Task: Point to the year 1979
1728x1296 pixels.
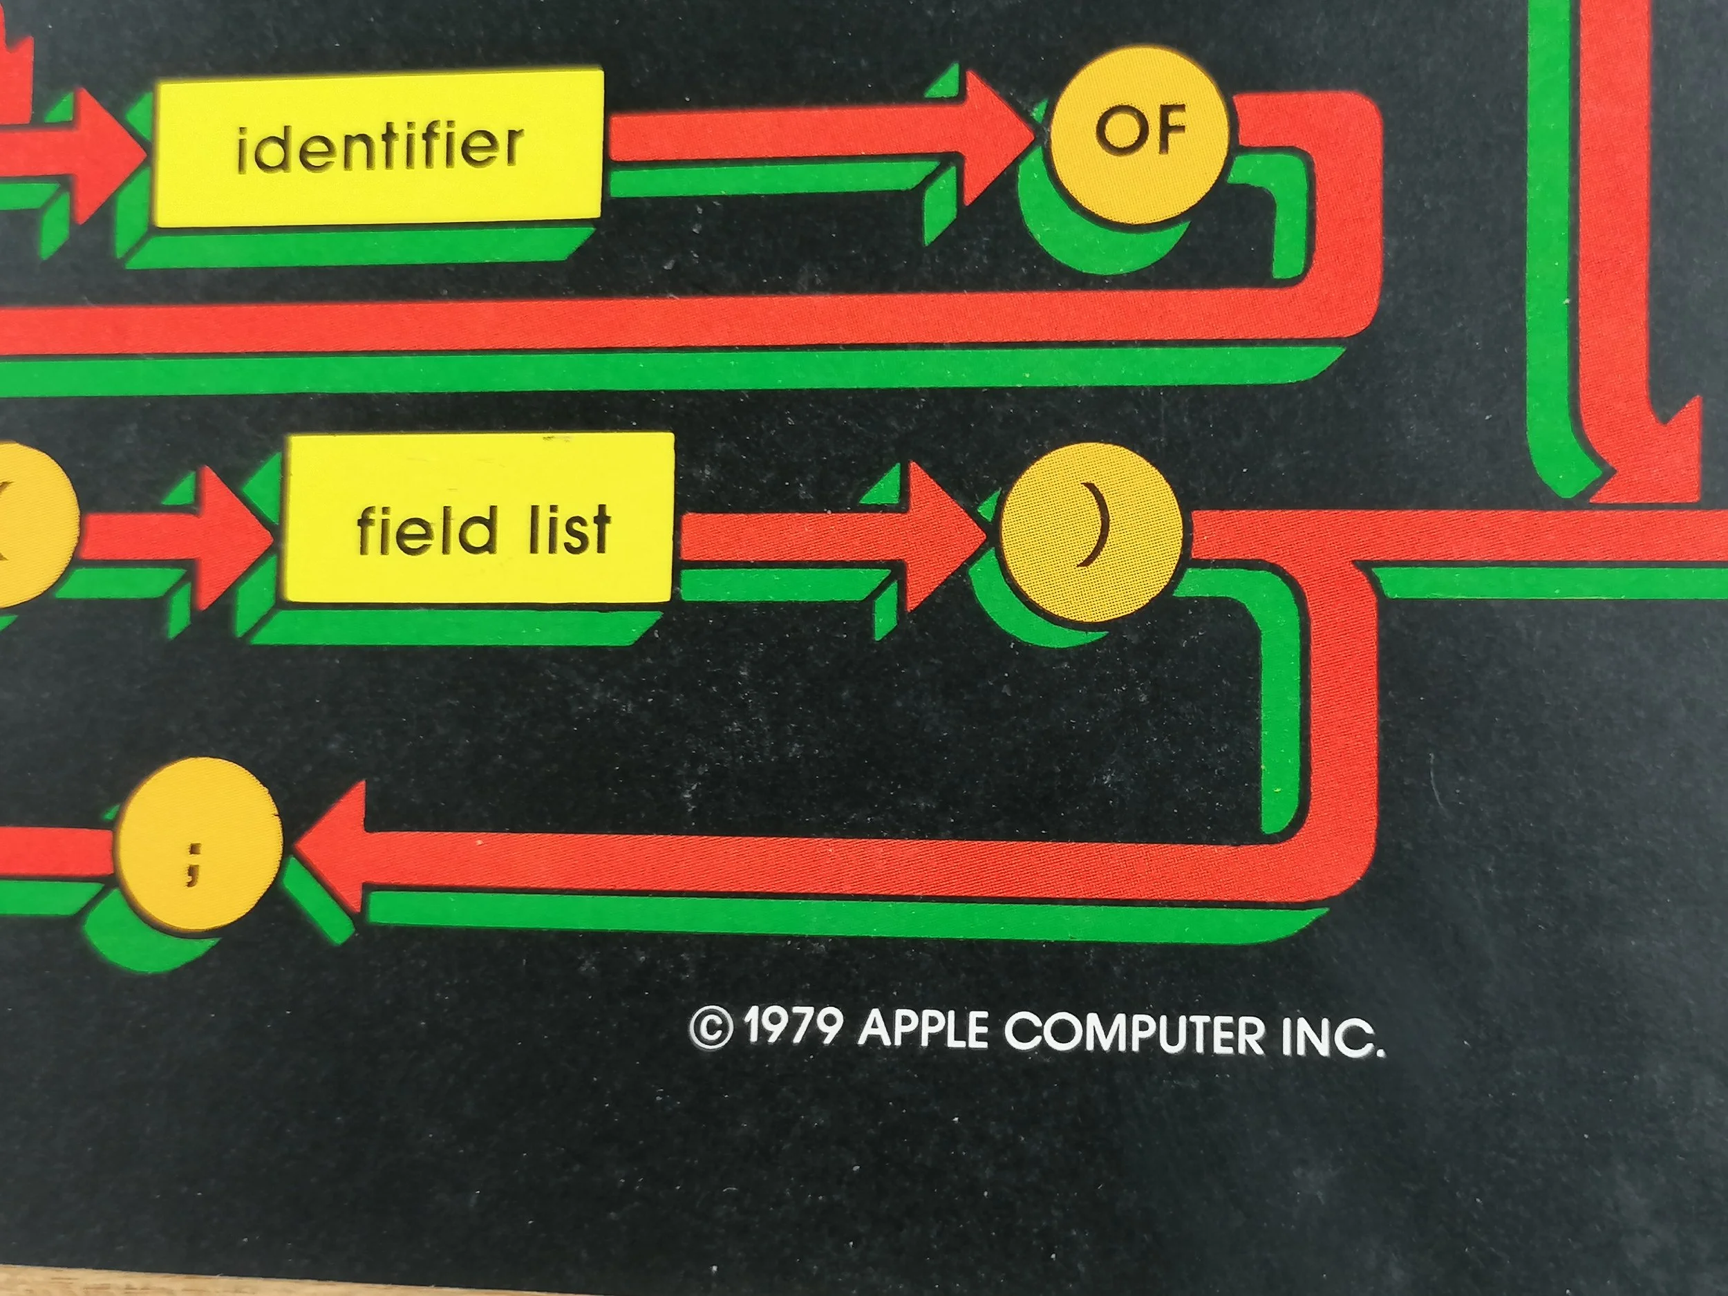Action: (x=792, y=1029)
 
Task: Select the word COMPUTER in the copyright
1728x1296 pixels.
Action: (x=1133, y=1033)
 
